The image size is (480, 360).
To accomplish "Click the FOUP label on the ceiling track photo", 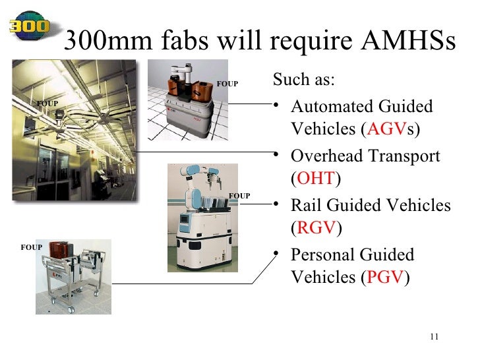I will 47,104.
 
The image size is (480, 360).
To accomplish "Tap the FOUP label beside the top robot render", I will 227,84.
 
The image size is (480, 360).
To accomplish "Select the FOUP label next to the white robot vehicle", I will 239,196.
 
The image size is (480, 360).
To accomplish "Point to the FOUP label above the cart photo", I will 31,247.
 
